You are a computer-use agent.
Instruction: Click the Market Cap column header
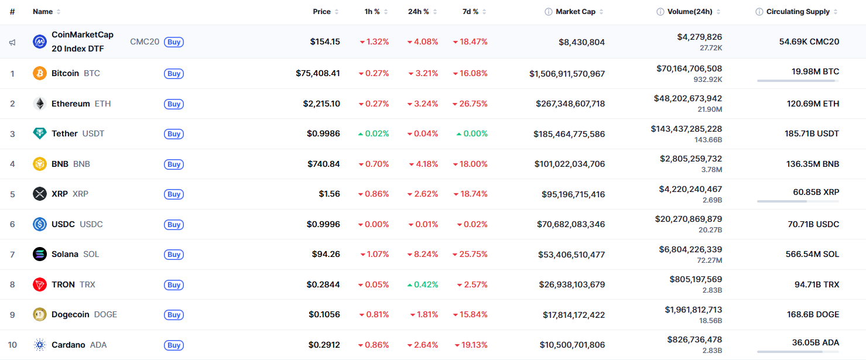coord(575,12)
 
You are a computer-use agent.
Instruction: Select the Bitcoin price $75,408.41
coord(317,74)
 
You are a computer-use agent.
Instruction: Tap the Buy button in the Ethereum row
coord(174,104)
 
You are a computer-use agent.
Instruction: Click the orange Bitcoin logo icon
coord(40,74)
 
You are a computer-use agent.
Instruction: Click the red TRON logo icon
coord(40,285)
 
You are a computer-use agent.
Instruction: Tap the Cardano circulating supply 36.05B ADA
coord(815,343)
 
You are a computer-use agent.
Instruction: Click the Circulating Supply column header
coord(797,12)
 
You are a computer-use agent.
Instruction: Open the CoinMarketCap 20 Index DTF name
coord(83,42)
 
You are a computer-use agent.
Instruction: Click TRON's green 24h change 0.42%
coord(423,285)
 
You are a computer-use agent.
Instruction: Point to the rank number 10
coord(12,345)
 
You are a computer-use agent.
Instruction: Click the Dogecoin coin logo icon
coord(40,315)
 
